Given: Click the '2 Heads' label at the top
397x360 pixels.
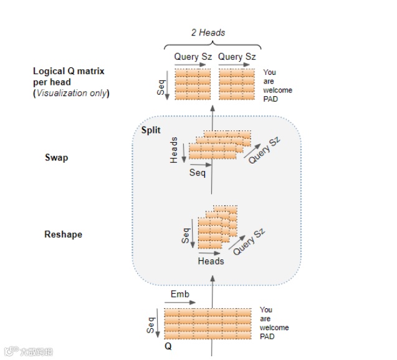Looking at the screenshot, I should (x=208, y=32).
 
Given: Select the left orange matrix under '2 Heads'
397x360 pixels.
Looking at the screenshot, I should (x=193, y=84).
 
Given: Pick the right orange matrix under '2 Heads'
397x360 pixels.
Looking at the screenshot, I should (x=237, y=84).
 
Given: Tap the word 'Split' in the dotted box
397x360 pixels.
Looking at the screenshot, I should (x=151, y=130).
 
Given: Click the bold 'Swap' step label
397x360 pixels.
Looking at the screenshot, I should (x=56, y=157).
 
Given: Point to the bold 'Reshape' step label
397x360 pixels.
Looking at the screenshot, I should (x=63, y=235).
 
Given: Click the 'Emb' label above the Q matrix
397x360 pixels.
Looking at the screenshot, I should (x=179, y=294).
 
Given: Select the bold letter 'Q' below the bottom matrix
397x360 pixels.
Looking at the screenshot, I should (x=168, y=345).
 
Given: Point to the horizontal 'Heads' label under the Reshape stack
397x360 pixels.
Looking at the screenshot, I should (x=211, y=261).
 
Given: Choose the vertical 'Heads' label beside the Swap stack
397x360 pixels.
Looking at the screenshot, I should (x=174, y=150).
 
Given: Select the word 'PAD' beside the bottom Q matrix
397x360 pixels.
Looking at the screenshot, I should (x=267, y=336).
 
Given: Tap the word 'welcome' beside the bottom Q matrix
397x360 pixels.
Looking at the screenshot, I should (x=274, y=328).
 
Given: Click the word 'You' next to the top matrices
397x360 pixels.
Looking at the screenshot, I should (x=269, y=72).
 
